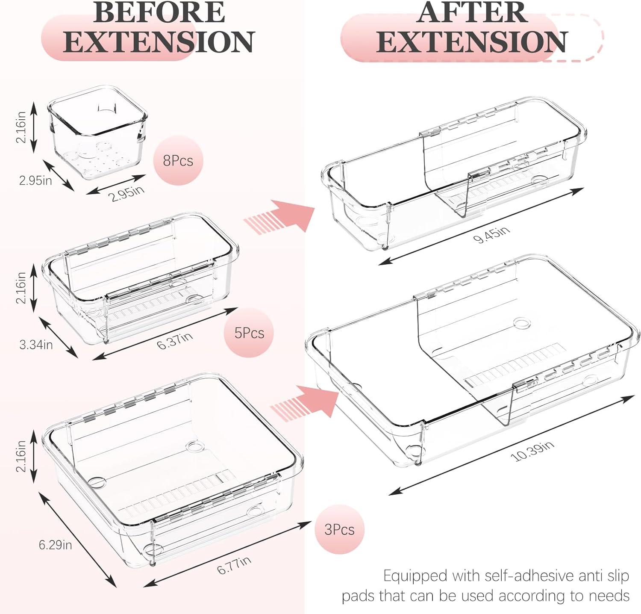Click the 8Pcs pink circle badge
(178, 161)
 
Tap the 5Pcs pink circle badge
(250, 333)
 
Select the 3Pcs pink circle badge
(339, 529)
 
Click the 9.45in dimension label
(491, 234)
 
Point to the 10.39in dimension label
(532, 451)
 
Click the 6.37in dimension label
(174, 341)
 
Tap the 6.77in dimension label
(234, 565)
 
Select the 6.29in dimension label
(55, 545)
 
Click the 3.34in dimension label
(36, 344)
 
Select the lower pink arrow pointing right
(306, 401)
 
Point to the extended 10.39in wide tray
(473, 360)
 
